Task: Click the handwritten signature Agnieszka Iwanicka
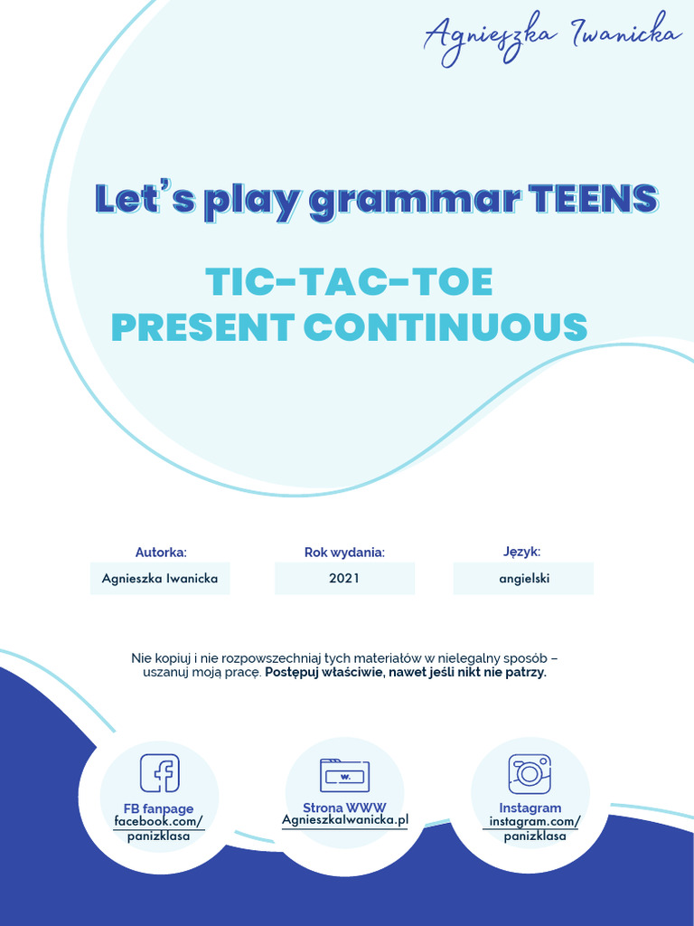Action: point(552,37)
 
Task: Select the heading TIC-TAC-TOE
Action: point(349,282)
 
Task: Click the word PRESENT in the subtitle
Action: point(202,326)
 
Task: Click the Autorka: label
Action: point(161,552)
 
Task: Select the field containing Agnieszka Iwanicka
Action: point(160,578)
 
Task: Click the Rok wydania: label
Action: point(344,552)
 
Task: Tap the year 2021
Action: point(344,578)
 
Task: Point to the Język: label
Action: point(522,552)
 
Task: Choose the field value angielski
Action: point(523,578)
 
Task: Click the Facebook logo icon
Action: point(159,773)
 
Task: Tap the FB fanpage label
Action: point(159,808)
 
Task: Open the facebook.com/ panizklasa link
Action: point(159,828)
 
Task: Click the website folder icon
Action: point(344,775)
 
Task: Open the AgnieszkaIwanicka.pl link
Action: point(344,819)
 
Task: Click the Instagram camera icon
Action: point(530,773)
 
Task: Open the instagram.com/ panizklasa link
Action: point(534,828)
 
